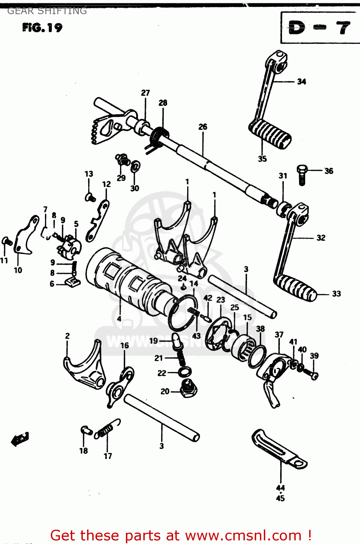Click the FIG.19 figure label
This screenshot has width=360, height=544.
coord(42,28)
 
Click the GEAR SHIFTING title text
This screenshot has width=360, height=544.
coord(47,11)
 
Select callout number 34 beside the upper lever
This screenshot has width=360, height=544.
coord(301,82)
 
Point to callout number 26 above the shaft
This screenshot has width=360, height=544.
coord(202,127)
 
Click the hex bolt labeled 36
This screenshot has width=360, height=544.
coord(302,175)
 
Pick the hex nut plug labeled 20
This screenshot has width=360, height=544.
coord(189,390)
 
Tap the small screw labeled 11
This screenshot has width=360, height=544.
coord(6,241)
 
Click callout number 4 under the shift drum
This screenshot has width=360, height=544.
coord(119,319)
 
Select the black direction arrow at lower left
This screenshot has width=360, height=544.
coord(20,439)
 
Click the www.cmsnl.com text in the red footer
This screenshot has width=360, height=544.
coord(243,535)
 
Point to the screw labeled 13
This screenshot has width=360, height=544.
coord(90,197)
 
